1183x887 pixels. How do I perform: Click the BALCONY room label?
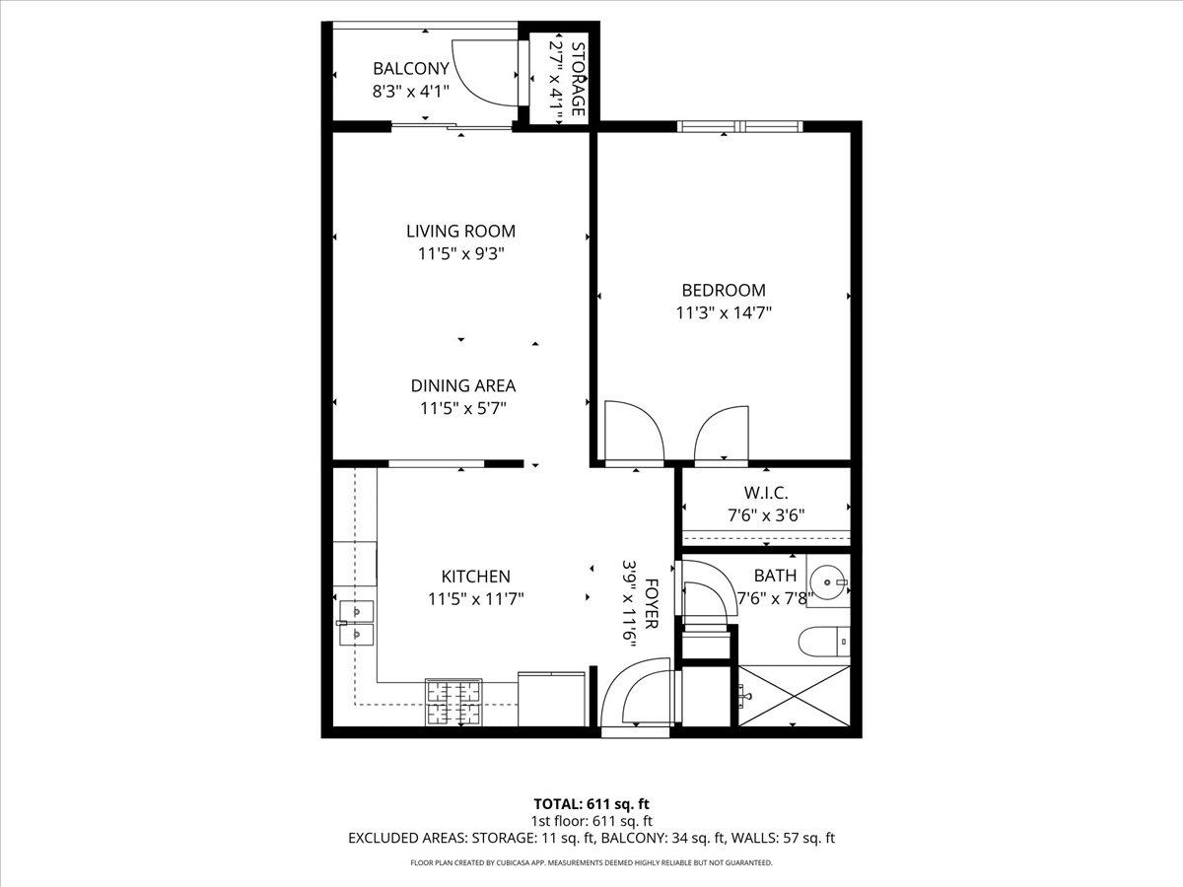pos(410,69)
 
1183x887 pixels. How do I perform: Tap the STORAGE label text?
pos(579,79)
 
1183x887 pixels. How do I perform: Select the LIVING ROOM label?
pos(460,232)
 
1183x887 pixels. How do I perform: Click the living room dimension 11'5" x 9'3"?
pos(460,253)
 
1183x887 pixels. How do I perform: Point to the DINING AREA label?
pos(462,386)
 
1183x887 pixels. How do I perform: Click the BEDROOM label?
pos(723,291)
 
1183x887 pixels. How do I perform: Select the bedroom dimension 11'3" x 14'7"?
pos(723,313)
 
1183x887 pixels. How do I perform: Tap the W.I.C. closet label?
pos(765,493)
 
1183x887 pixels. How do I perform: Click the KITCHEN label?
pos(475,577)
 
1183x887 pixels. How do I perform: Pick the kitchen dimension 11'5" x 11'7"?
pos(475,598)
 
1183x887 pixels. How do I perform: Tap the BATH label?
pos(775,576)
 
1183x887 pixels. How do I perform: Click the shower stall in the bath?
pos(793,698)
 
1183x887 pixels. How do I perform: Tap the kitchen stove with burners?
pos(453,702)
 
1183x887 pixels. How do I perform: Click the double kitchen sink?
pos(354,624)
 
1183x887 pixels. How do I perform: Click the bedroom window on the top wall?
pos(739,126)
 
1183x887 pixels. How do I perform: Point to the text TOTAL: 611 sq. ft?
pos(591,803)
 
